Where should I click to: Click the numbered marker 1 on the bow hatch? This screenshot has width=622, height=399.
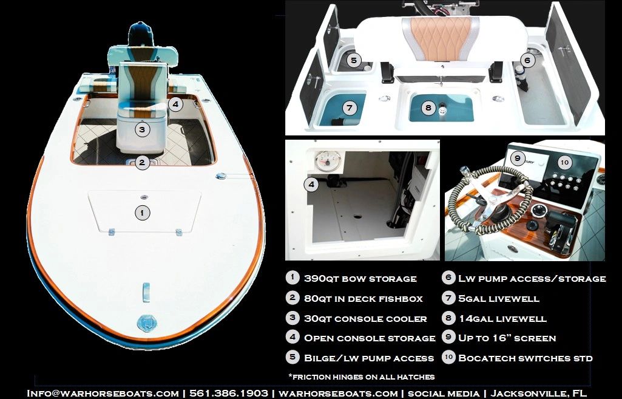click(x=141, y=213)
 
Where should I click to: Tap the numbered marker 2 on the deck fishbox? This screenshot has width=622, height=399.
click(x=141, y=163)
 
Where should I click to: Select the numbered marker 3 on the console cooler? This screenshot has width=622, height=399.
click(x=141, y=129)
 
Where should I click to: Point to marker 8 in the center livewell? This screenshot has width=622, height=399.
click(x=428, y=108)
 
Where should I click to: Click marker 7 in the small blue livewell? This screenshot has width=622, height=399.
click(x=349, y=108)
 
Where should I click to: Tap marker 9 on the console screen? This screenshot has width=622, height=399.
click(x=517, y=159)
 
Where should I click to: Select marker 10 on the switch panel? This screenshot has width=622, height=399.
click(x=564, y=162)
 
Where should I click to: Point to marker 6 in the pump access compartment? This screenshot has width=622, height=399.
click(x=527, y=60)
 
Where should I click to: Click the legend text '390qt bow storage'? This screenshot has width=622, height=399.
click(x=360, y=279)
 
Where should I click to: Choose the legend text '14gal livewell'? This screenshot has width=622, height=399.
click(x=502, y=318)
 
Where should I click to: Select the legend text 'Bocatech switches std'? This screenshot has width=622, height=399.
click(x=525, y=358)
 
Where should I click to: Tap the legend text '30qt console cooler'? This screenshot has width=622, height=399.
click(x=365, y=318)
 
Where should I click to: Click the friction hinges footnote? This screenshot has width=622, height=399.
click(x=361, y=377)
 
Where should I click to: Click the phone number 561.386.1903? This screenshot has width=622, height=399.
click(x=229, y=393)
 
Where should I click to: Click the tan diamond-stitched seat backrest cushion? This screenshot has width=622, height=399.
click(x=440, y=38)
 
